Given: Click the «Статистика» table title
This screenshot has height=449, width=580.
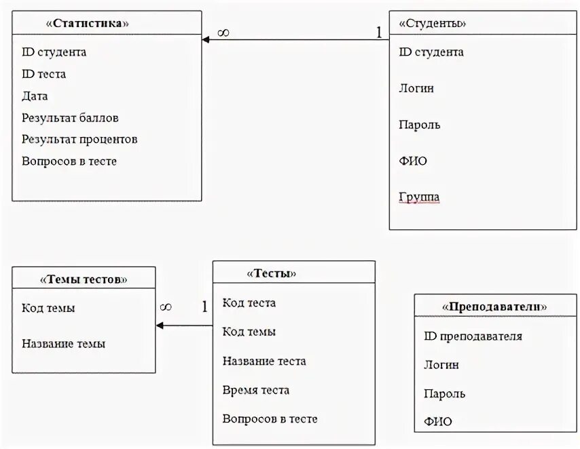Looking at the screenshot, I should click(88, 23).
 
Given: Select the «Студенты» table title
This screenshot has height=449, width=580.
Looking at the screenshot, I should click(433, 23).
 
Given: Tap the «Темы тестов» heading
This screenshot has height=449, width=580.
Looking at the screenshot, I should click(84, 279).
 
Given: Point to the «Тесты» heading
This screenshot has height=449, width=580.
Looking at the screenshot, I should click(272, 273).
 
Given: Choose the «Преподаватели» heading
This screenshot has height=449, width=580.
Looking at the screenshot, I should click(495, 306).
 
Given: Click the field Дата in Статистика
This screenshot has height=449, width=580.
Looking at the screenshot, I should click(35, 96).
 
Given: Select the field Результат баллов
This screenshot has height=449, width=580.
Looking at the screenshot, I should click(70, 118).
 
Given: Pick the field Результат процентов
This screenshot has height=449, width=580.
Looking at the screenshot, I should click(79, 140).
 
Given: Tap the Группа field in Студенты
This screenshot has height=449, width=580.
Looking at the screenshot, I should click(419, 197).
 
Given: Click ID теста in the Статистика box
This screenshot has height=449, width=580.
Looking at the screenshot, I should click(43, 74).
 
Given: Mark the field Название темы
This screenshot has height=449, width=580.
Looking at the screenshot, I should click(63, 344).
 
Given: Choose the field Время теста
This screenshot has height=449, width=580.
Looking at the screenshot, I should click(255, 390).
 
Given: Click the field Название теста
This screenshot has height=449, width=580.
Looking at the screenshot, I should click(264, 361).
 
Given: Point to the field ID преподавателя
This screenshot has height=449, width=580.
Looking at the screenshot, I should click(473, 336).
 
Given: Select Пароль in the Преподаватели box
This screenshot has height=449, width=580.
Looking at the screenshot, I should click(444, 393).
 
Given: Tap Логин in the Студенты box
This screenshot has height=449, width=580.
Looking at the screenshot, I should click(416, 88).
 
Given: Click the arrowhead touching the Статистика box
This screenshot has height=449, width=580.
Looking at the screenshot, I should click(206, 39).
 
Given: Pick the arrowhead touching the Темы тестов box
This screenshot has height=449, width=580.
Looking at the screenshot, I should click(160, 326).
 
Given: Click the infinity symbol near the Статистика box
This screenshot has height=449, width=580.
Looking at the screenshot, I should click(223, 33).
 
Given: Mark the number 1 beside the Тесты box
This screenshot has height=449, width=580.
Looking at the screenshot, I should click(204, 307).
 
